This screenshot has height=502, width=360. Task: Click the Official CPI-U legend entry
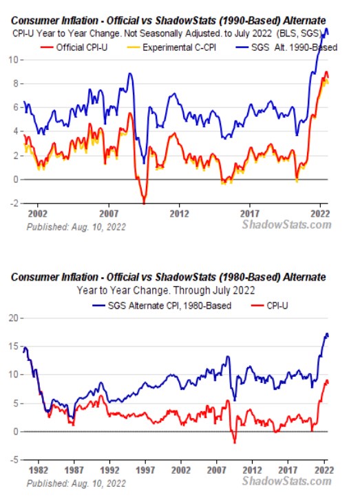[x=74, y=47]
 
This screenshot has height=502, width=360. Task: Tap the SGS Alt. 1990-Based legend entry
[x=286, y=47]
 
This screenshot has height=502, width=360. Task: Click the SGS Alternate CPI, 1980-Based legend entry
[x=162, y=305]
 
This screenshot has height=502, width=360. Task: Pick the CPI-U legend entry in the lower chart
[x=269, y=305]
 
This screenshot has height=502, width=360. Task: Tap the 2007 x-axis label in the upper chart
[x=109, y=214]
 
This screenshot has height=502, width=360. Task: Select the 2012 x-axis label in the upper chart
[x=179, y=214]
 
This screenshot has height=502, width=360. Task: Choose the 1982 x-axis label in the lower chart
[x=39, y=470]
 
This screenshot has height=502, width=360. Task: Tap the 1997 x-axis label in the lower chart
[x=145, y=470]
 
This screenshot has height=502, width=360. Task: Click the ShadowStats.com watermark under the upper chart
[x=286, y=224]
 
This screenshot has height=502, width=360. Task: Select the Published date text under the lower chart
[x=76, y=483]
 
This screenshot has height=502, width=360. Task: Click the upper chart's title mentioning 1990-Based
[x=169, y=21]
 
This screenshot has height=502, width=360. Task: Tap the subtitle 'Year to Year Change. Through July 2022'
[x=166, y=290]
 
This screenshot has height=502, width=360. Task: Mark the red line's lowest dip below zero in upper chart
[x=144, y=203]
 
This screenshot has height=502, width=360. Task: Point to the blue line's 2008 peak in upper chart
[x=130, y=74]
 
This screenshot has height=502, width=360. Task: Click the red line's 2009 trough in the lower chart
[x=235, y=443]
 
